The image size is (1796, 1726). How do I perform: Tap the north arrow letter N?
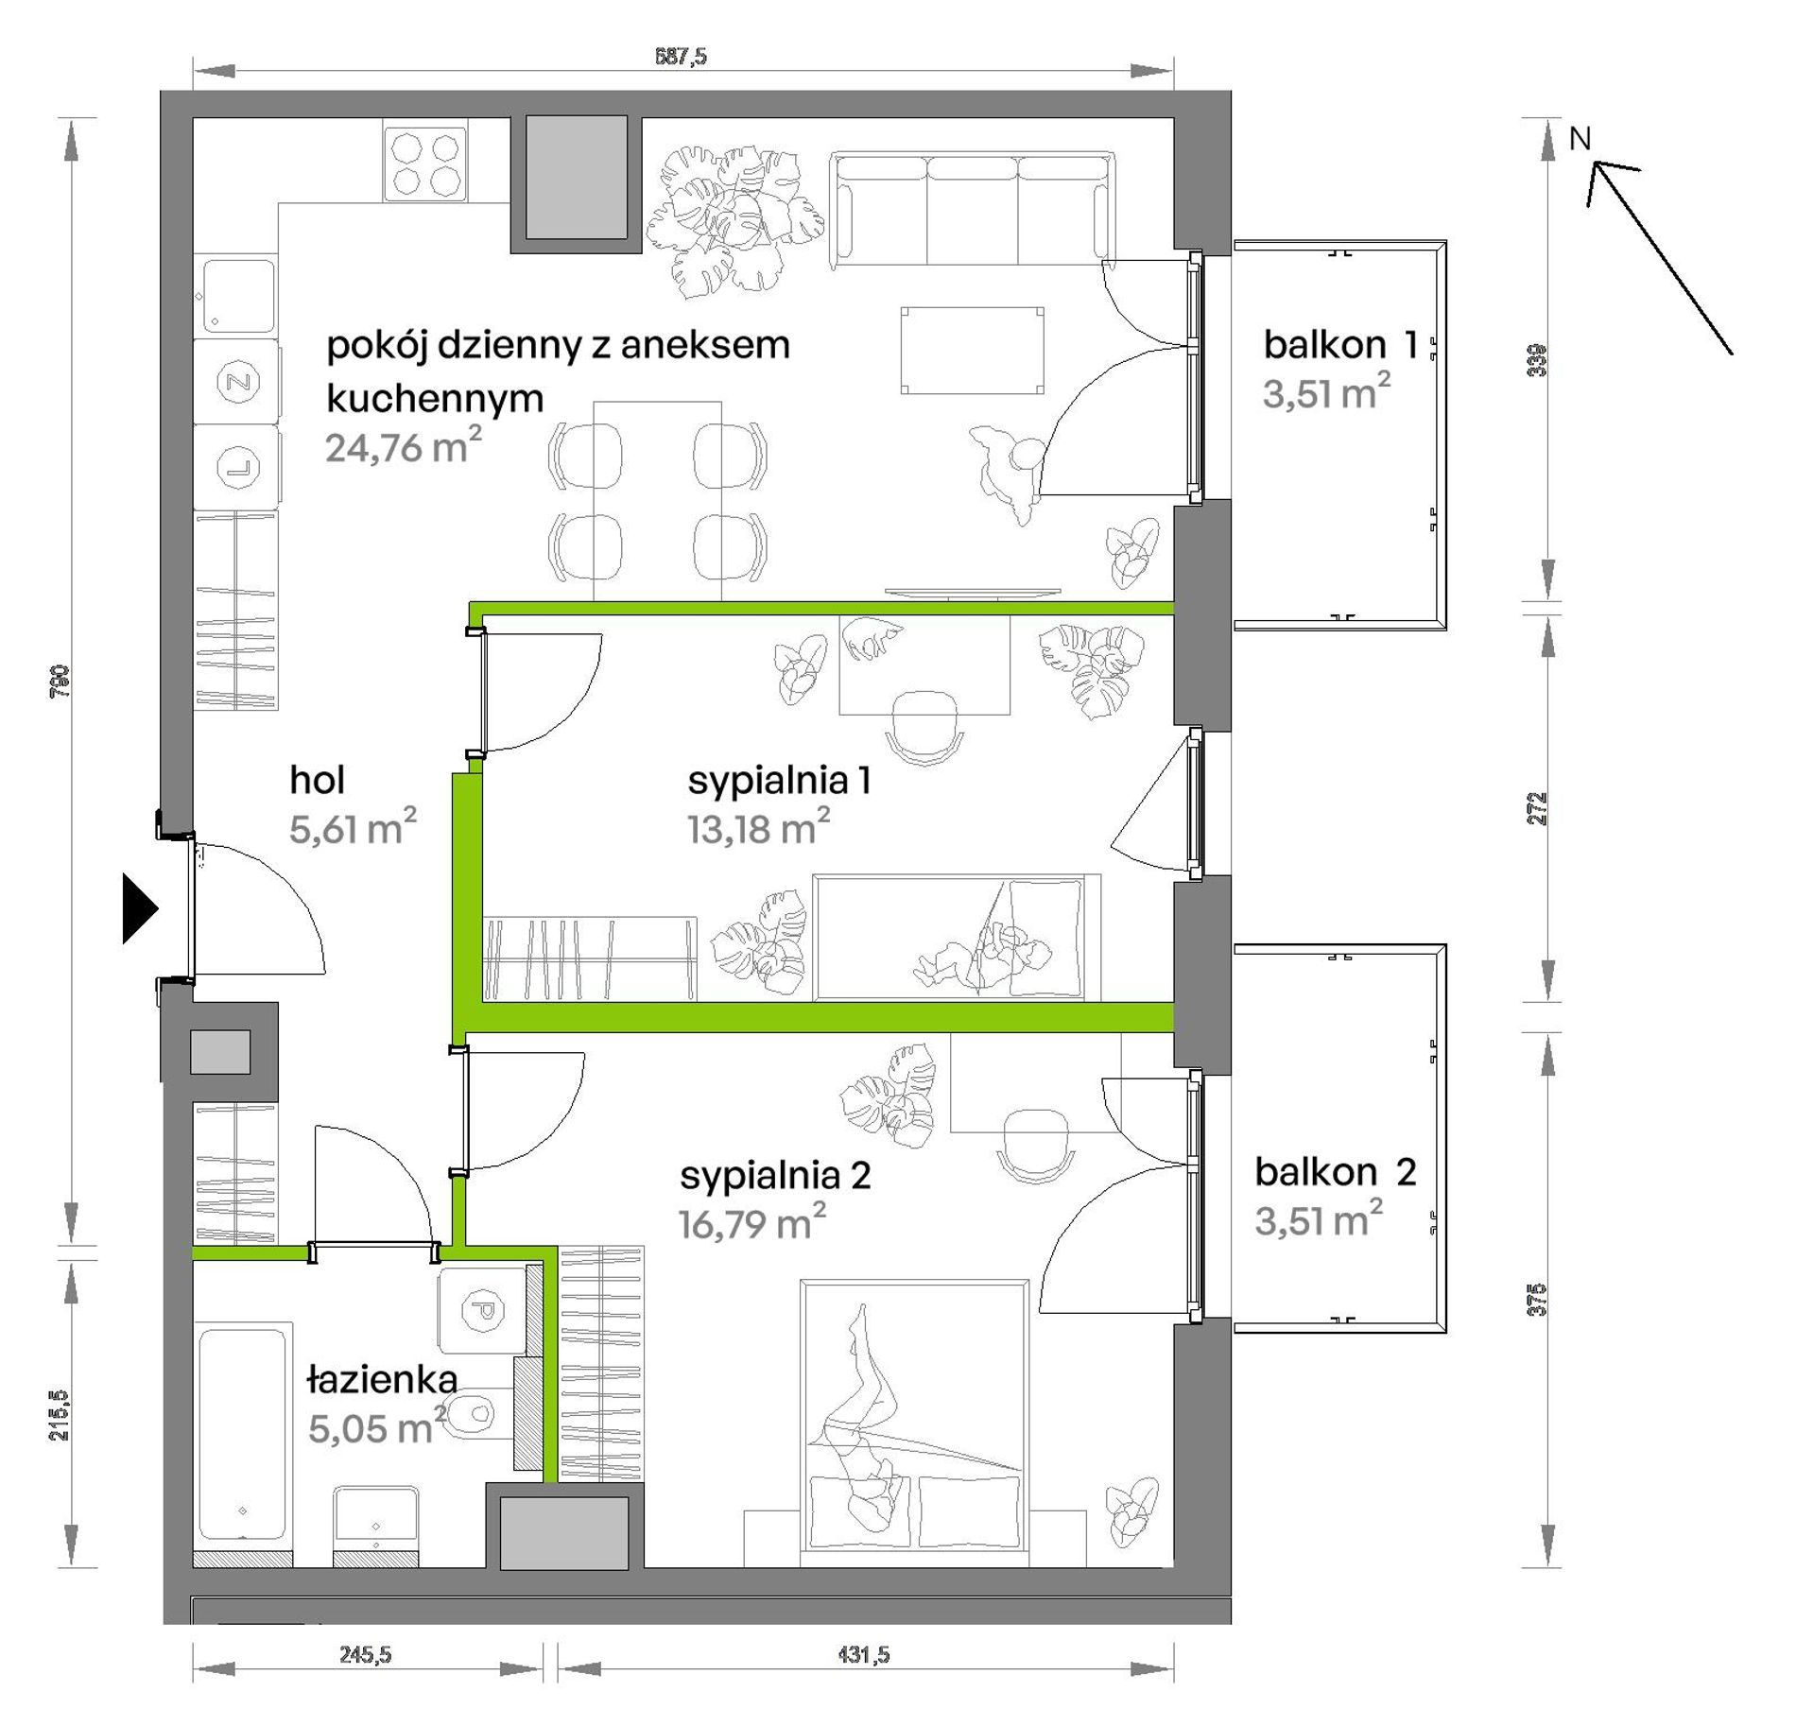(1580, 139)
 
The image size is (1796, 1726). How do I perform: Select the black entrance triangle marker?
(140, 908)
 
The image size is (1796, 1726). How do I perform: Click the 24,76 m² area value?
(404, 446)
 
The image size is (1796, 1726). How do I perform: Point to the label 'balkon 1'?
(1340, 345)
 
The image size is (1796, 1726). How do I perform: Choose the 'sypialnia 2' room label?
(775, 1175)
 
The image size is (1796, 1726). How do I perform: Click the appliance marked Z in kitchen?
(237, 382)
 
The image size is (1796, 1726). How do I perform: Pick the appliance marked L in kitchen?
(237, 468)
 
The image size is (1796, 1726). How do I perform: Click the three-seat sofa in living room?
(973, 210)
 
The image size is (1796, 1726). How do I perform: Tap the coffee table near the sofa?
(972, 351)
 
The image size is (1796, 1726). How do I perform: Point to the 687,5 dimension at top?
(681, 57)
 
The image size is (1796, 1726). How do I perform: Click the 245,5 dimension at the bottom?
(365, 1654)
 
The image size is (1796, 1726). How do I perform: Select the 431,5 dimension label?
(864, 1654)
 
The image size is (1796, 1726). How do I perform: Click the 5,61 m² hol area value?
(353, 828)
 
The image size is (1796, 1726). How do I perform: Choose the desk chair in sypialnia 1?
(924, 726)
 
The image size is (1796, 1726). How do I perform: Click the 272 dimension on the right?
(1538, 809)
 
